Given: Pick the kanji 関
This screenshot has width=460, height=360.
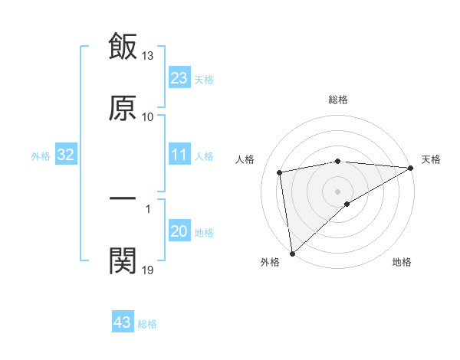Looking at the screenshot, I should click(x=123, y=260).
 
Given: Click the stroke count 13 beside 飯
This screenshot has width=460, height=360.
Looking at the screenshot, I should click(x=148, y=56).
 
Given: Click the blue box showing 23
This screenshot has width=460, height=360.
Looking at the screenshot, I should click(x=179, y=78).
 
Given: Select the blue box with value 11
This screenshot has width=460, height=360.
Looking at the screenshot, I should click(x=179, y=155).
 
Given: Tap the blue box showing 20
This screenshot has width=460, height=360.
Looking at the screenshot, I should click(x=179, y=232).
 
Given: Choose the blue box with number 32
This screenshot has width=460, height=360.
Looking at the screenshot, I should click(x=66, y=155).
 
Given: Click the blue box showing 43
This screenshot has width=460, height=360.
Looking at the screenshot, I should click(x=123, y=322).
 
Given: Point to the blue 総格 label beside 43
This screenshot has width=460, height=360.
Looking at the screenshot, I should click(x=147, y=324).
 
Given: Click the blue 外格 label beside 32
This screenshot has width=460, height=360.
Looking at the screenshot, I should click(x=41, y=156).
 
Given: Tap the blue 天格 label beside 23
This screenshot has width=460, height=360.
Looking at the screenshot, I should click(x=204, y=79).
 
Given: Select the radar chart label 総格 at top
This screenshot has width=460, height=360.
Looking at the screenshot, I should click(x=338, y=100).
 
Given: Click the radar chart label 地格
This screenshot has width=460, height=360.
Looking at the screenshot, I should click(x=402, y=262).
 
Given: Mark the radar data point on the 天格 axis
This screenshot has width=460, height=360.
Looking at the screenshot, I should click(x=410, y=168).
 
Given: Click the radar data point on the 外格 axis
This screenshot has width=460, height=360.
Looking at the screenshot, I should click(x=292, y=253).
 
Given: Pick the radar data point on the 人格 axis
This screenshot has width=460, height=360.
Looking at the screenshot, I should click(x=281, y=172).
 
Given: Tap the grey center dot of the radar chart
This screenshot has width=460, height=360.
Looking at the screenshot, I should click(x=337, y=191).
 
